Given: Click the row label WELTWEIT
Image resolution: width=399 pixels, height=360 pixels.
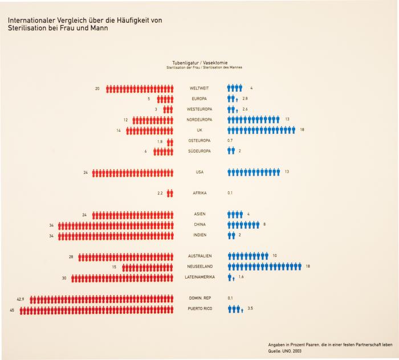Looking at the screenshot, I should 199,88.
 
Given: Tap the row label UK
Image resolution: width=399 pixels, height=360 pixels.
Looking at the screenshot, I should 199,130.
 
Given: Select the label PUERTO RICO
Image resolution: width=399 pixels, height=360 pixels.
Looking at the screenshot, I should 199,309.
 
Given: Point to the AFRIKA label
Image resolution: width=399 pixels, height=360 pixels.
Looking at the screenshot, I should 199,193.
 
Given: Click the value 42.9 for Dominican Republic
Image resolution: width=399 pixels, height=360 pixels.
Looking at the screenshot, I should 21,298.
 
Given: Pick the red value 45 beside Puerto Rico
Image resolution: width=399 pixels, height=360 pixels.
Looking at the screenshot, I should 12,309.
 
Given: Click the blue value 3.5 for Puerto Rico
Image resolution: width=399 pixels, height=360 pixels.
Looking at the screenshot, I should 250,309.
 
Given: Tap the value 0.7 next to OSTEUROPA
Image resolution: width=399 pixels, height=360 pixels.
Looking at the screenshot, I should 230,140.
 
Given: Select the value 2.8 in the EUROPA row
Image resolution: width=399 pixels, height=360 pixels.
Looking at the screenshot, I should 245,99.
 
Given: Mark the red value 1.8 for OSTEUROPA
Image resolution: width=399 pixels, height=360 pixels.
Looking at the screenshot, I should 160,141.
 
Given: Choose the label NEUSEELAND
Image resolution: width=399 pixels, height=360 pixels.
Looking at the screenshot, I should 199,267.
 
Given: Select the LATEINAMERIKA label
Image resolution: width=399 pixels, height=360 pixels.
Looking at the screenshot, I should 199,277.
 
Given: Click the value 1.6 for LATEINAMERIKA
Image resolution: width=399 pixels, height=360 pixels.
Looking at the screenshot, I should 241,277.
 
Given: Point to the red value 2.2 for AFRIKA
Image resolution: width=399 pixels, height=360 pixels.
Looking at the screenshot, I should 160,193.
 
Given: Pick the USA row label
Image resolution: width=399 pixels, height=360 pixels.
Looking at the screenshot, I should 199,172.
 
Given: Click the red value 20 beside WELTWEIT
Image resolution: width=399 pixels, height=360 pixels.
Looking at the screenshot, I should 97,88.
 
